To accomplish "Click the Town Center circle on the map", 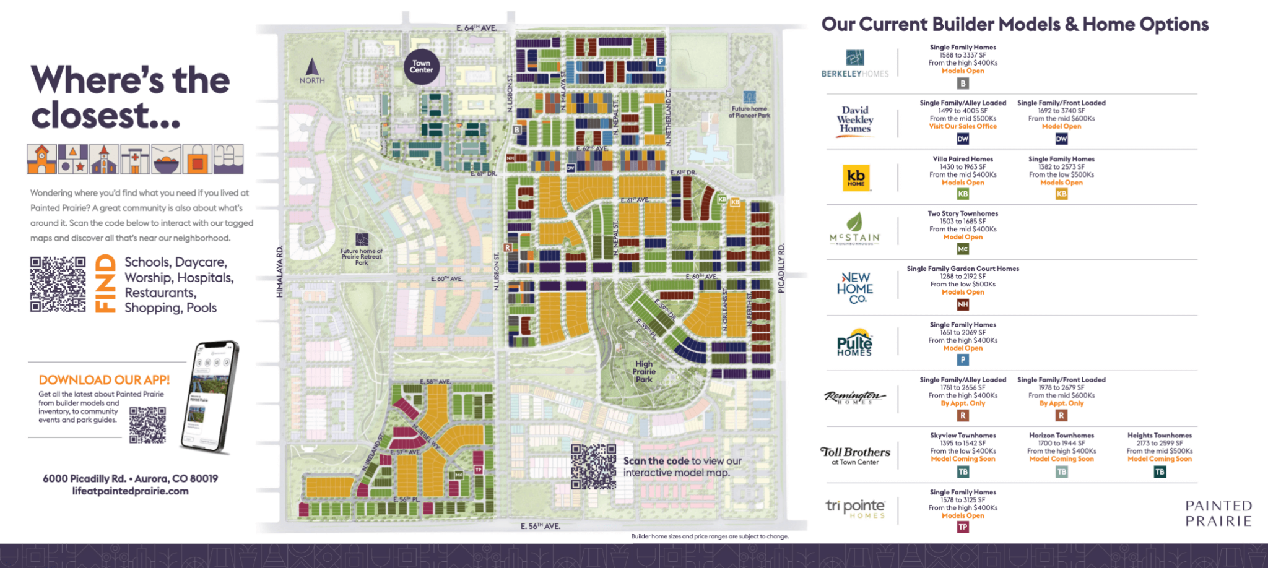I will [422, 66].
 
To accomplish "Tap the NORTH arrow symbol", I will [312, 67].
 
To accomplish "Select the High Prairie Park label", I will [644, 372].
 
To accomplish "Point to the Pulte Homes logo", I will [854, 342].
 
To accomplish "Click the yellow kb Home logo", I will [856, 178].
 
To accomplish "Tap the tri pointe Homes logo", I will [855, 509].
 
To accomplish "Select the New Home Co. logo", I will [854, 288].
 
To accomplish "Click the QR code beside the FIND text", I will [58, 284].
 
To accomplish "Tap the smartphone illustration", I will [209, 396].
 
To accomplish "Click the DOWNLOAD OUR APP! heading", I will [104, 380].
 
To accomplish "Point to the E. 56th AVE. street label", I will [540, 526].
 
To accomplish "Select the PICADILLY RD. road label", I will [781, 269].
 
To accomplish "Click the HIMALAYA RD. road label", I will [279, 272].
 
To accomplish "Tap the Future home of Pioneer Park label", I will [749, 112].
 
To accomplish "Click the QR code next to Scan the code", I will [593, 466].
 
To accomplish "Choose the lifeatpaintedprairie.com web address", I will [130, 491].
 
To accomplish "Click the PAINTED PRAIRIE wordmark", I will [1218, 514].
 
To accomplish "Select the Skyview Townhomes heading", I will [963, 436].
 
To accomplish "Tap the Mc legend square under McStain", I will [963, 249].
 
